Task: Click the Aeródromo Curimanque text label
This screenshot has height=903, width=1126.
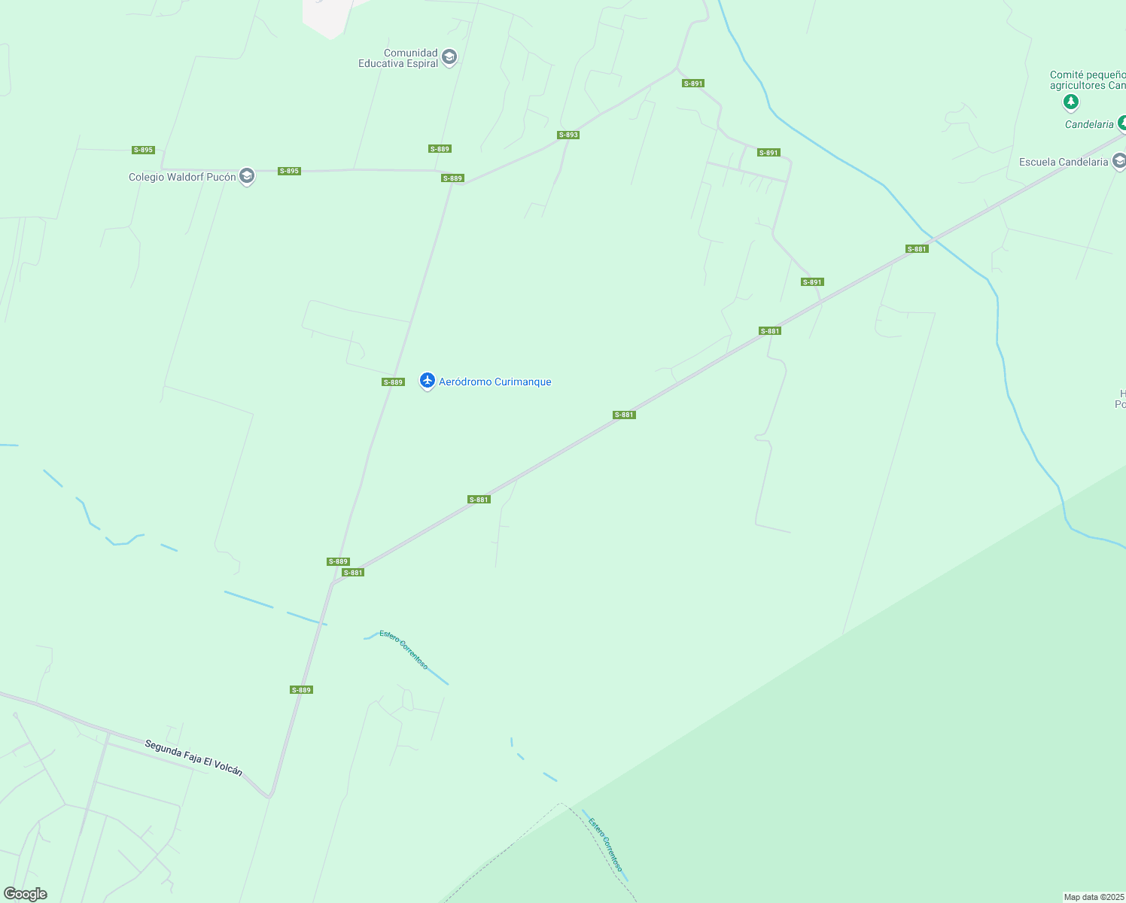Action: tap(495, 382)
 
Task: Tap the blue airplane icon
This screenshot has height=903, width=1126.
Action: tap(428, 381)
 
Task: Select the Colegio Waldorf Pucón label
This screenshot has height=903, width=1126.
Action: tap(182, 177)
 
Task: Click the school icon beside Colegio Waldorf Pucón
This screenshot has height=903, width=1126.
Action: tap(246, 176)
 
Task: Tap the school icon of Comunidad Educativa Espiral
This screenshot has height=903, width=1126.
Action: tap(449, 57)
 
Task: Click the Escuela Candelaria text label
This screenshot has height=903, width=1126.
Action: tap(1063, 162)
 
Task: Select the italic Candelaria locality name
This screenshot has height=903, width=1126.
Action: tap(1088, 124)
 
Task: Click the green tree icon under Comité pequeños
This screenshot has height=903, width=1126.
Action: tap(1071, 102)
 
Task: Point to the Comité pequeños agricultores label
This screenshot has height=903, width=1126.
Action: tap(1088, 80)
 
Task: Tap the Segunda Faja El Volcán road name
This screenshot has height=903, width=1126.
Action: tap(193, 757)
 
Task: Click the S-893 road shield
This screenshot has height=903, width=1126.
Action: tap(568, 135)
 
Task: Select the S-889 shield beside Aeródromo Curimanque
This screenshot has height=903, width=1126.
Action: tap(393, 382)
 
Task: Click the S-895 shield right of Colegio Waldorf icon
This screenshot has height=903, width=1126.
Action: tap(289, 171)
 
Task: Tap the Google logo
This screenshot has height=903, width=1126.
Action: tap(25, 894)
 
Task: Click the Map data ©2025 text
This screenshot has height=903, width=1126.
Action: tap(1094, 897)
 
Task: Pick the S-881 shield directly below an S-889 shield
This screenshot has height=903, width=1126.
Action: tap(353, 573)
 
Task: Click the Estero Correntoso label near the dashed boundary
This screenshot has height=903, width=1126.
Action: tap(607, 845)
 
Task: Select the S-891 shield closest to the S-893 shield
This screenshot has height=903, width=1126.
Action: tap(692, 84)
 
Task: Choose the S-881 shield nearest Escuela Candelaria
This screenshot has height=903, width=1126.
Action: tap(917, 249)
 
